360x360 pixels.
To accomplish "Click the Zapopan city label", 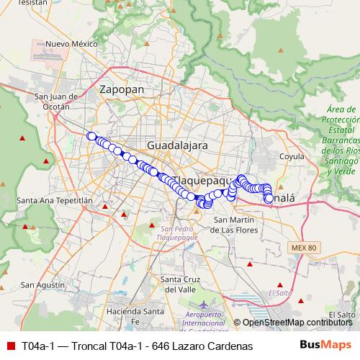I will coord(122,89).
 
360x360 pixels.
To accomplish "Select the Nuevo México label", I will coord(71,44).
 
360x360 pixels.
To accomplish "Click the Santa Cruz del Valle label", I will coord(181,284).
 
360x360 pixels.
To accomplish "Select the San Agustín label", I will coord(37,285).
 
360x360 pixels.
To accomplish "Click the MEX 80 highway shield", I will coord(305,248).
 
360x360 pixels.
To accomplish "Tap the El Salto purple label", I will coord(279,293).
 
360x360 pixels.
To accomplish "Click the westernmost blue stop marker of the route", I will coord(91,136).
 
